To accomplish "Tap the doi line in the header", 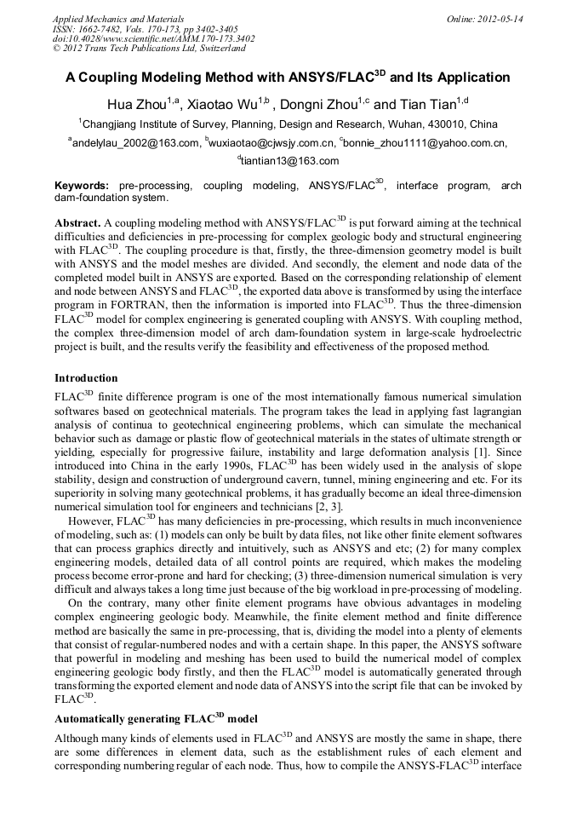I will click(x=153, y=39).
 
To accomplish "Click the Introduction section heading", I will click(x=86, y=377).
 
